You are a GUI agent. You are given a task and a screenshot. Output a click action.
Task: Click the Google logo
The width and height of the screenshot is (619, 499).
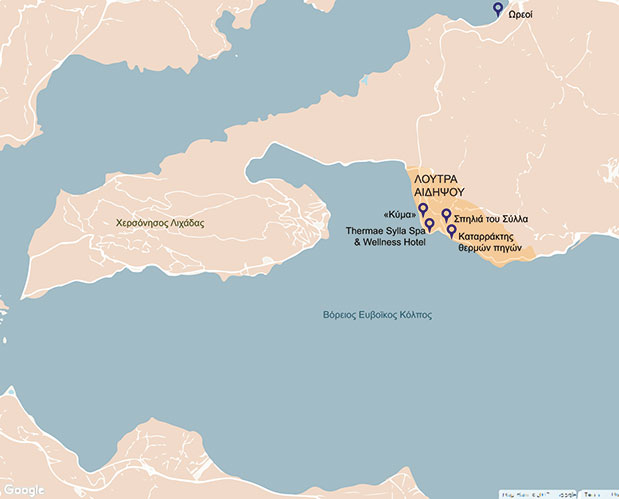pyautogui.click(x=23, y=489)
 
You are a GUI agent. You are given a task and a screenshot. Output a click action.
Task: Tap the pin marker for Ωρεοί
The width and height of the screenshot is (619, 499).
pyautogui.click(x=498, y=10)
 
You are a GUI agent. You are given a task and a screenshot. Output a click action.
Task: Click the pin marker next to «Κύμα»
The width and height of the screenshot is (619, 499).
pyautogui.click(x=423, y=210)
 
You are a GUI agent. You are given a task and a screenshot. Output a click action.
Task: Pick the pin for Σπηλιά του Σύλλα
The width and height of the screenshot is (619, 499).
pyautogui.click(x=446, y=216)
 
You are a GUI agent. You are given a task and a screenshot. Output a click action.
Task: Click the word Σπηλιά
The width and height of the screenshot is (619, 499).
pyautogui.click(x=470, y=218)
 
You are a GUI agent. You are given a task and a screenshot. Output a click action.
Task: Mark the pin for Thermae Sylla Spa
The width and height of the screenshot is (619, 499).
pyautogui.click(x=429, y=226)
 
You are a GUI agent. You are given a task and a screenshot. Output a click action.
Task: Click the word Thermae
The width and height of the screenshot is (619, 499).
pyautogui.click(x=365, y=230)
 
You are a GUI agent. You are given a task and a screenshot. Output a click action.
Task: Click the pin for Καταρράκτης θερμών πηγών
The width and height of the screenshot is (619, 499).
pyautogui.click(x=452, y=232)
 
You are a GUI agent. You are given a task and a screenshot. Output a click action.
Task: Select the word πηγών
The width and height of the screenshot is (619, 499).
pyautogui.click(x=507, y=252)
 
